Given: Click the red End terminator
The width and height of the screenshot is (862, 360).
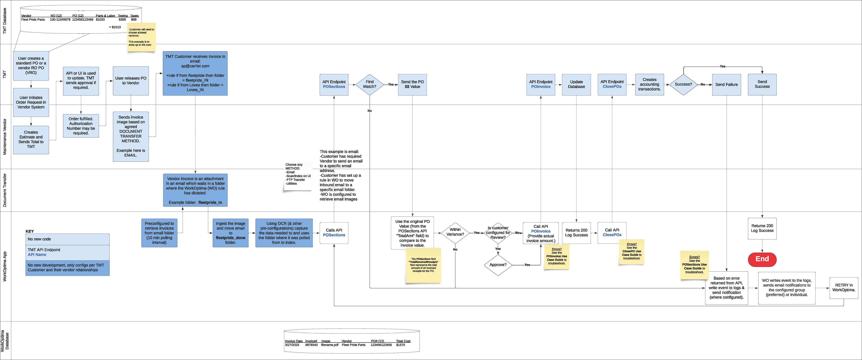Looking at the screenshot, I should (762, 259).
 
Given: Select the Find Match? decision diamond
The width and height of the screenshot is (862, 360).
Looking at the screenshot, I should (369, 84).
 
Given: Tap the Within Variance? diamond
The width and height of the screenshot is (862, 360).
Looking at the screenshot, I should (455, 232).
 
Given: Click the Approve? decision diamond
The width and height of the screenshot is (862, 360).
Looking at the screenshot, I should (498, 265).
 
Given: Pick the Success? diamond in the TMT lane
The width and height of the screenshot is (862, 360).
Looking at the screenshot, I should (683, 84).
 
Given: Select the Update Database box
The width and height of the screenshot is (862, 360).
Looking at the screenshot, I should (576, 84).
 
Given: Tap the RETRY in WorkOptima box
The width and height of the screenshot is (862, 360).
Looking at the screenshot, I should (844, 288).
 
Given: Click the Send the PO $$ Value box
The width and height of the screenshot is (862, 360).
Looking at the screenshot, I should (412, 84).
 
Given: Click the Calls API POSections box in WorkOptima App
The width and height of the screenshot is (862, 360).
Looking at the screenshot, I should (334, 233).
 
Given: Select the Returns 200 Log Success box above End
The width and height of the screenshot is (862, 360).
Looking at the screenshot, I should (762, 228).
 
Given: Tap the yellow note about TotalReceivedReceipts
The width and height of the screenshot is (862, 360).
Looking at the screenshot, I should (423, 265).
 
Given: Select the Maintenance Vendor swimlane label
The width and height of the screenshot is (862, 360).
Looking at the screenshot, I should (5, 136).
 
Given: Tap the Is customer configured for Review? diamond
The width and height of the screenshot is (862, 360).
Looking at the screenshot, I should (498, 233).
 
